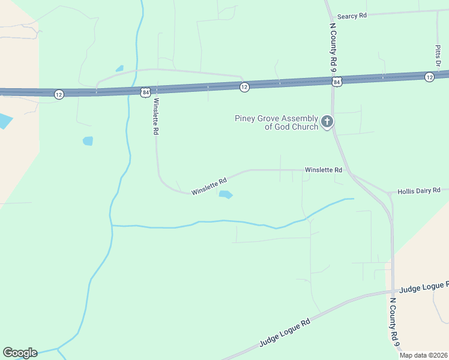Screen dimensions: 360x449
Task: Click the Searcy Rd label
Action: coord(352,16)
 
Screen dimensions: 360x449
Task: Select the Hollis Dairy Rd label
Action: coord(419,190)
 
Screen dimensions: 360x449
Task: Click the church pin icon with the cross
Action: coord(327,122)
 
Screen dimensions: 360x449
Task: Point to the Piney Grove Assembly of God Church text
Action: coord(277,122)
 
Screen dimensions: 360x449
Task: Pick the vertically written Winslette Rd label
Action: coord(155,116)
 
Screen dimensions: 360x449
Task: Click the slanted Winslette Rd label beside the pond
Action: coord(209,186)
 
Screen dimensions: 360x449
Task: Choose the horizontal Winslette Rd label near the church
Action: coord(323,170)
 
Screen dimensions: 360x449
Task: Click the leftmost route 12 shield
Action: coord(58,94)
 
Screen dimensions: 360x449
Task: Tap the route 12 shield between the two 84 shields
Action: coord(244,87)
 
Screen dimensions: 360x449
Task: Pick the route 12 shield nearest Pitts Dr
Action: coord(429,77)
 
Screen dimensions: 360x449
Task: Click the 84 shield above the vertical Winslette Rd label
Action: coord(146,92)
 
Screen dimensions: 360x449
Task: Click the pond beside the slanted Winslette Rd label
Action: coord(225,194)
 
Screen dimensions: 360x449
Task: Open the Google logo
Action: coord(20,353)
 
